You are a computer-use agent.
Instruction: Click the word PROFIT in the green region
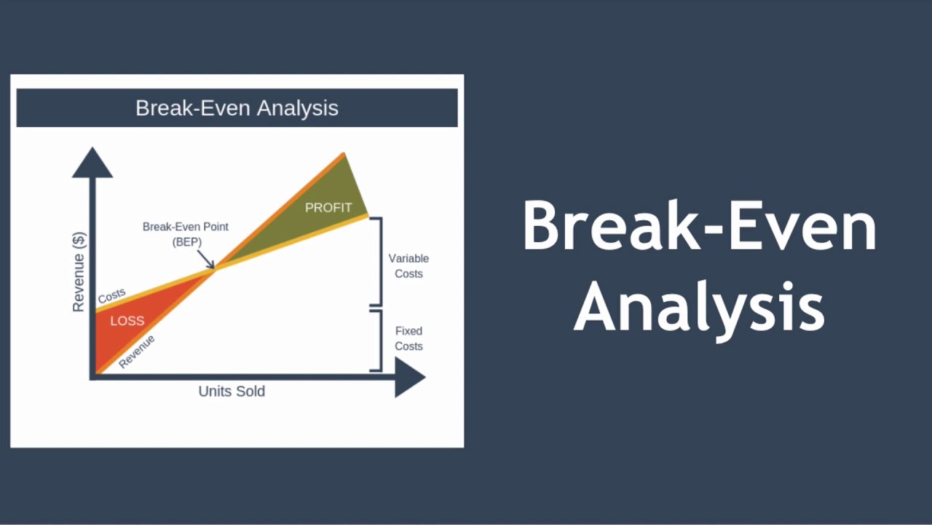pyautogui.click(x=328, y=208)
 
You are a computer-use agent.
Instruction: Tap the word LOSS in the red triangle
pyautogui.click(x=127, y=321)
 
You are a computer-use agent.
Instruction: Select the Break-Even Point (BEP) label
pyautogui.click(x=185, y=234)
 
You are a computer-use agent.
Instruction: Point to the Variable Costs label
pyautogui.click(x=408, y=266)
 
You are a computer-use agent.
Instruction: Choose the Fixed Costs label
pyautogui.click(x=408, y=338)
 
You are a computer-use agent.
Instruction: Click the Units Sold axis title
pyautogui.click(x=232, y=392)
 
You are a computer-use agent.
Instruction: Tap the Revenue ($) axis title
pyautogui.click(x=79, y=272)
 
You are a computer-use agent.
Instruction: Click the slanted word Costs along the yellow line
pyautogui.click(x=111, y=296)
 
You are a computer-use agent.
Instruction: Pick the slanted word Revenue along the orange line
pyautogui.click(x=137, y=351)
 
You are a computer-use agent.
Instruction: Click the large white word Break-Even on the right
pyautogui.click(x=699, y=227)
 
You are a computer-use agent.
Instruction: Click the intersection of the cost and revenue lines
pyautogui.click(x=214, y=269)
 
